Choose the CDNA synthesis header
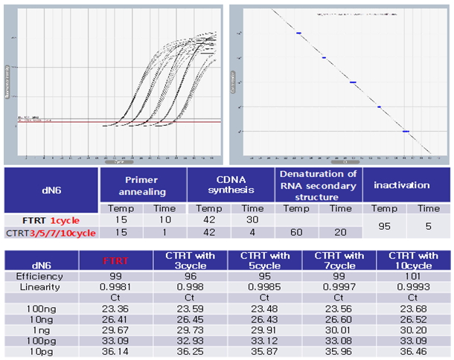click(x=231, y=183)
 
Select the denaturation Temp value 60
click(x=295, y=232)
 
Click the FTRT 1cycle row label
click(x=51, y=220)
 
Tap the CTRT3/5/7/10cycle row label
click(x=51, y=232)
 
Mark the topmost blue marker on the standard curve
click(x=298, y=33)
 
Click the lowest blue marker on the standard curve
click(x=406, y=131)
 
